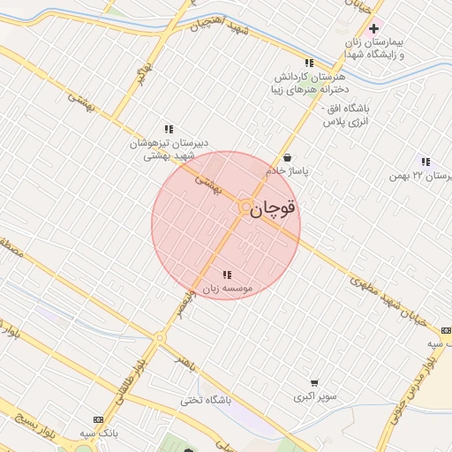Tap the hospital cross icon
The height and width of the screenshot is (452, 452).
coord(374,29)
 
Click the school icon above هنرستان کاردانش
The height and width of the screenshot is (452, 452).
coord(309,64)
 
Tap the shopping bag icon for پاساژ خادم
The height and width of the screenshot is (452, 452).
coord(287,157)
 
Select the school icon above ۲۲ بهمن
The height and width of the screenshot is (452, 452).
coord(426,162)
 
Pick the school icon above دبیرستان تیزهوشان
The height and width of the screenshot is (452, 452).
coord(169,129)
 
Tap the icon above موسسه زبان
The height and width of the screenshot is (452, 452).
coord(228,275)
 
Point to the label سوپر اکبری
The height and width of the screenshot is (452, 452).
coord(315,398)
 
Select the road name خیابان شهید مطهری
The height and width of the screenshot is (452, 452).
coord(388,299)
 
